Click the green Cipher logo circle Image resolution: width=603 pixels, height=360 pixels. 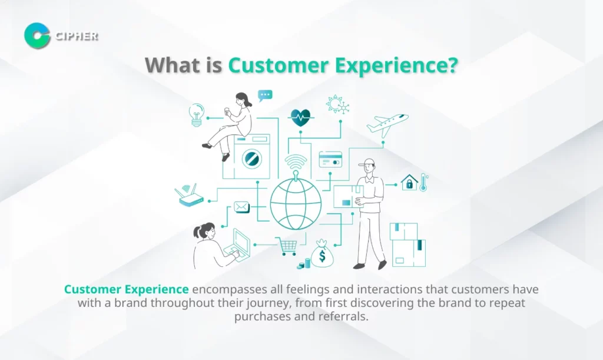tap(37, 36)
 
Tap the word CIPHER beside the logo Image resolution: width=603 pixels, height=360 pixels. tap(77, 36)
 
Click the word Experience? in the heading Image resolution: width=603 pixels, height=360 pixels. tap(396, 65)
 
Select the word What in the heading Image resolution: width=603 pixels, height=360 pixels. tap(170, 65)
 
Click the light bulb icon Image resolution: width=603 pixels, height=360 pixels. tap(197, 115)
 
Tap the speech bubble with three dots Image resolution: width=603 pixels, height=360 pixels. tap(266, 95)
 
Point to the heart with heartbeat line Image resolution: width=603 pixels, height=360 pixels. tap(300, 118)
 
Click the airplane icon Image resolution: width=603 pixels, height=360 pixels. tap(387, 125)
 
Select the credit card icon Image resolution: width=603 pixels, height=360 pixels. tap(330, 160)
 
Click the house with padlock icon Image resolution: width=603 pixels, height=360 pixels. tap(409, 182)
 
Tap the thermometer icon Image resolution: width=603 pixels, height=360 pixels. tap(423, 182)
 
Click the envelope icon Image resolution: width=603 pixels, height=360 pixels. tap(241, 207)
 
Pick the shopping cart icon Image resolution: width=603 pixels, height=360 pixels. tap(287, 246)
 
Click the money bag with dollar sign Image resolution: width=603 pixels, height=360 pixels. tap(322, 254)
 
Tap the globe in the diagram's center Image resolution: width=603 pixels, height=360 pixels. tap(296, 203)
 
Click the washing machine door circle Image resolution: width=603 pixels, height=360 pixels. tap(252, 158)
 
